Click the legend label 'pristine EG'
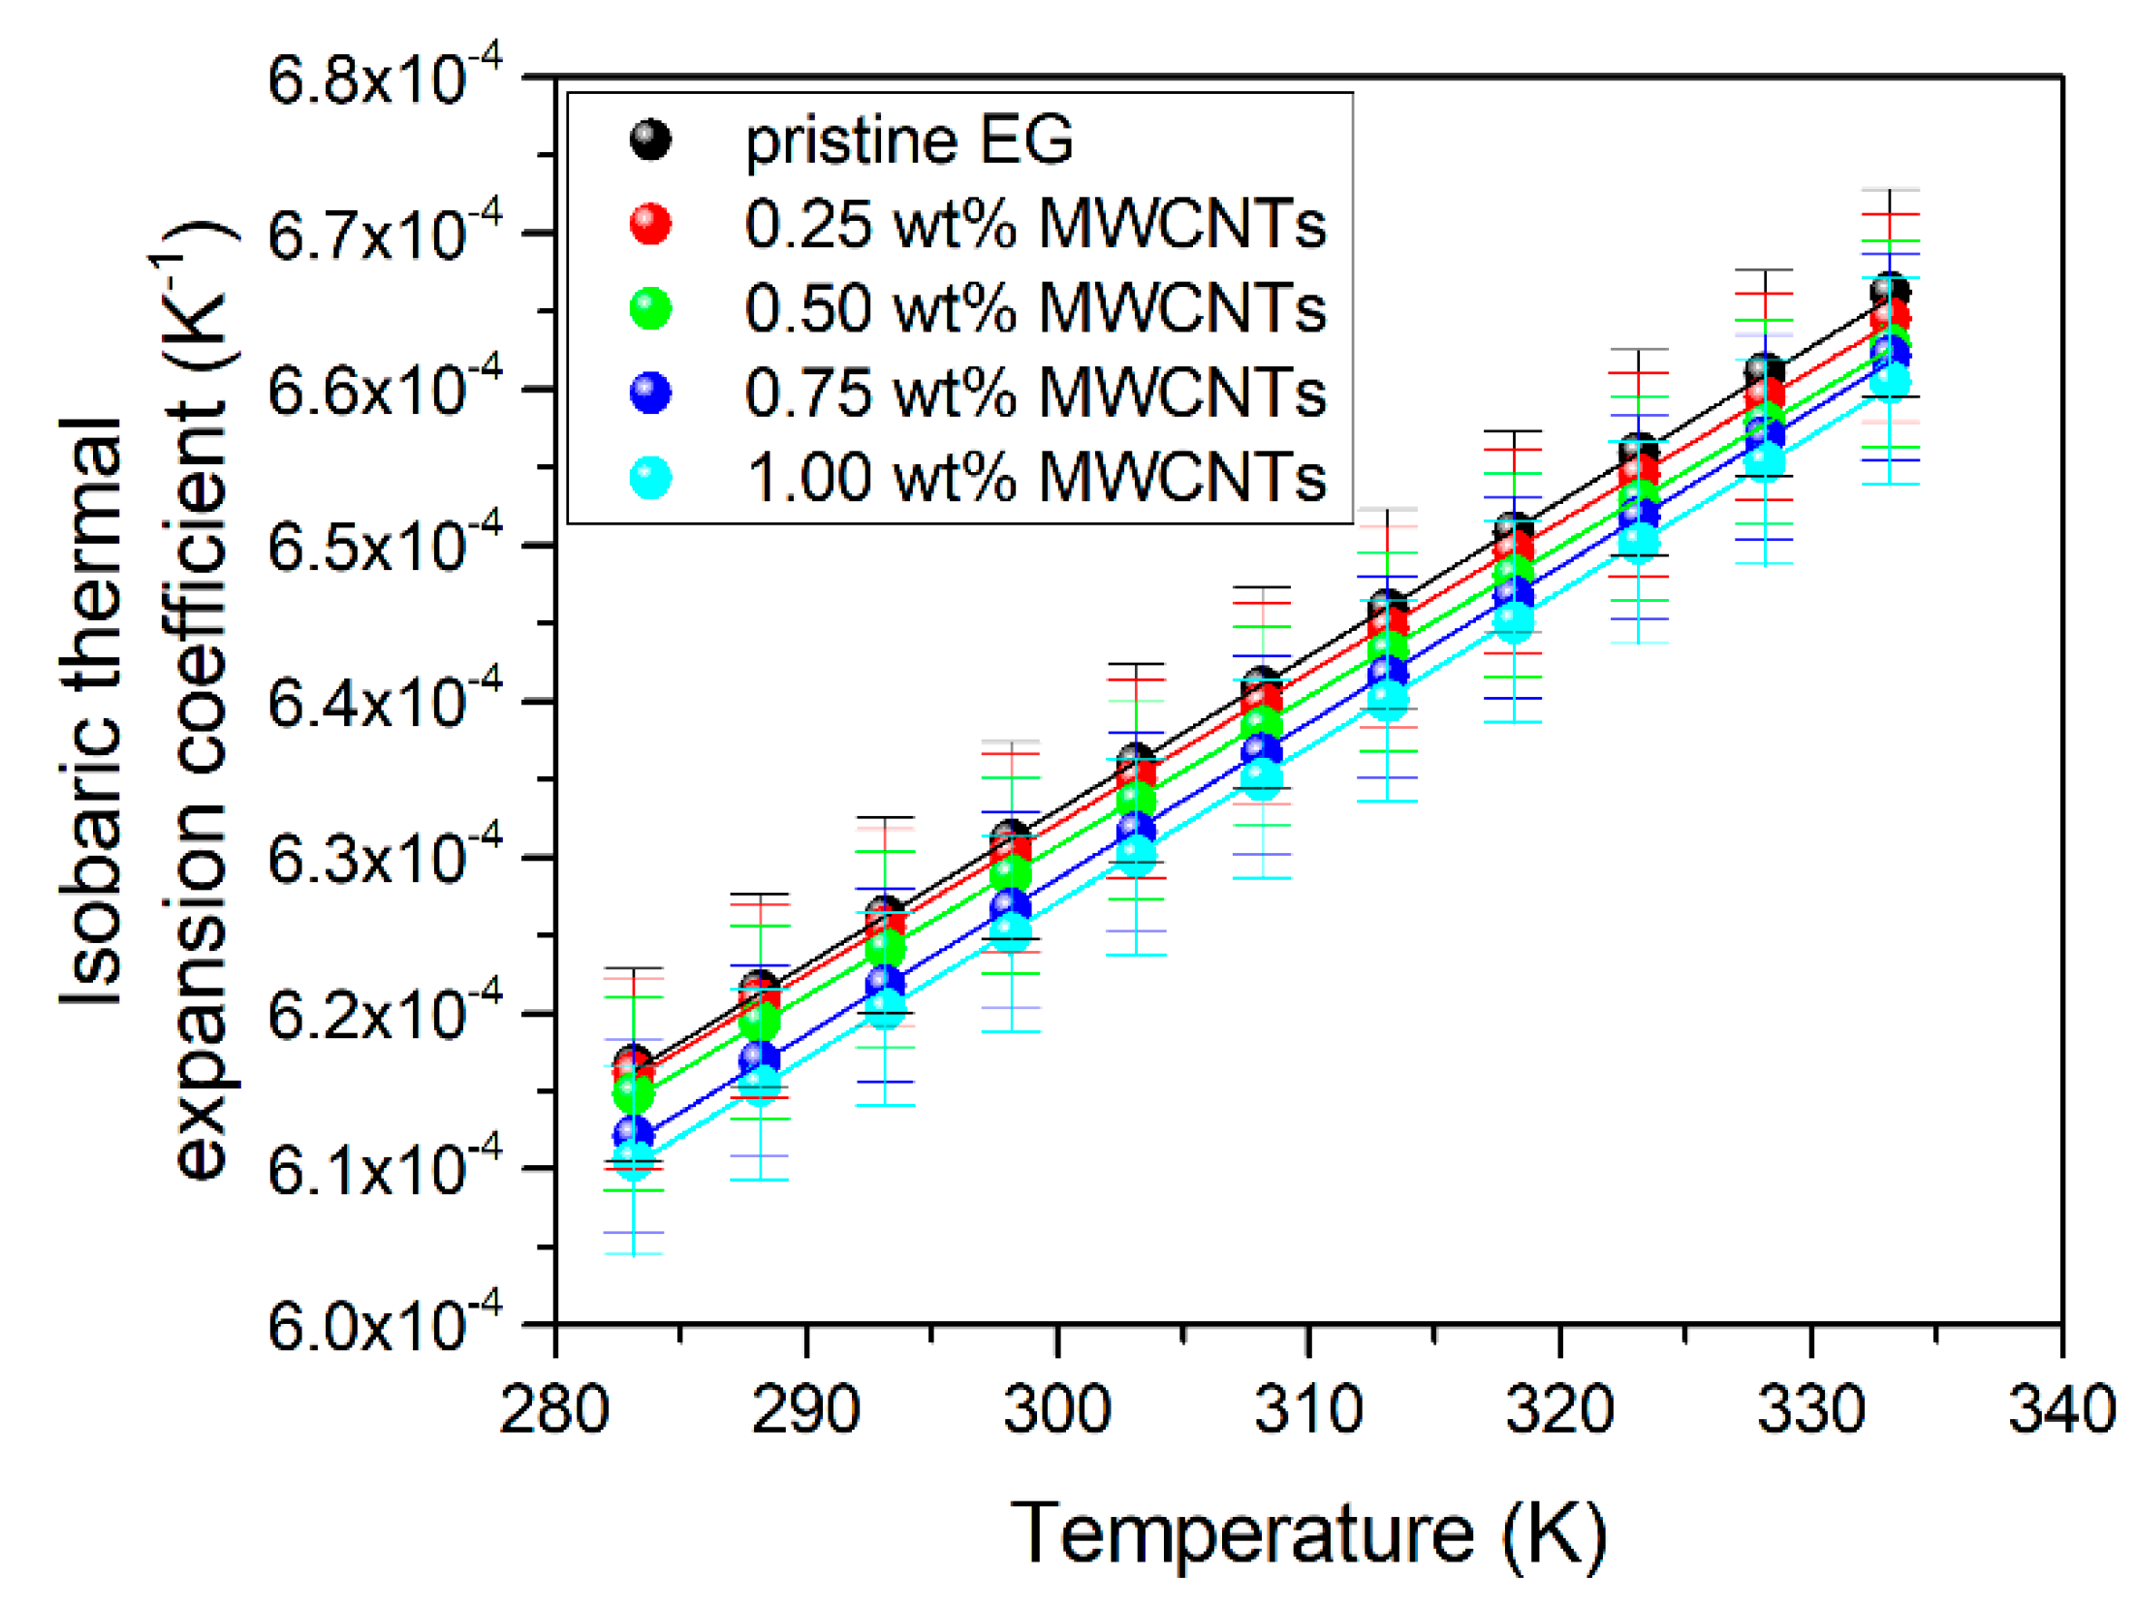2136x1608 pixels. coord(908,141)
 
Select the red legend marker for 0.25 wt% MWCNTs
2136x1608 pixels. coord(650,224)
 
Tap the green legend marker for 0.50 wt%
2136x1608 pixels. coord(650,308)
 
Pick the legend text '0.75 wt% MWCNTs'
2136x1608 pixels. coord(1034,393)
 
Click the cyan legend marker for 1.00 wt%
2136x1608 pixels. coord(650,477)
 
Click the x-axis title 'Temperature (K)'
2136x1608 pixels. coord(1308,1534)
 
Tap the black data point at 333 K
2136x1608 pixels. coord(1891,290)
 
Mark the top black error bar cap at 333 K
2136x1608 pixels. coord(1890,190)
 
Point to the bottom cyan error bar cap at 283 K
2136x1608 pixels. coord(633,1254)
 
